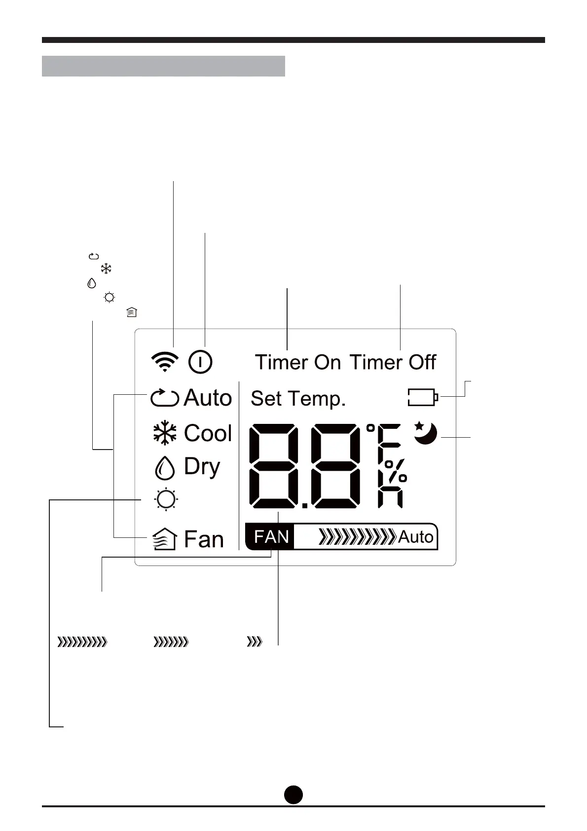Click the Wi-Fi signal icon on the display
point(164,362)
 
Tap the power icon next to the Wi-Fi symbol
point(200,362)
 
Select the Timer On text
point(297,363)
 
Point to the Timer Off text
point(393,363)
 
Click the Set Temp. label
point(298,399)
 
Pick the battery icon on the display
point(423,397)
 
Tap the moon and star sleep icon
point(425,433)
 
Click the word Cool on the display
point(208,433)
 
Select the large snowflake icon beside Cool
point(165,434)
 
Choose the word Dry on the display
point(202,467)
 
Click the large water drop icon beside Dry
point(165,468)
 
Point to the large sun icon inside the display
point(166,499)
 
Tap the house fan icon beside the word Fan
point(164,539)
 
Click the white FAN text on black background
point(271,536)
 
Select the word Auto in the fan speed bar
point(416,537)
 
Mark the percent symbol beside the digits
point(395,471)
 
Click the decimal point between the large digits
point(305,505)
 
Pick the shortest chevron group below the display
point(255,642)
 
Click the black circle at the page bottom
point(293,794)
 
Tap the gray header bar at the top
point(163,66)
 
